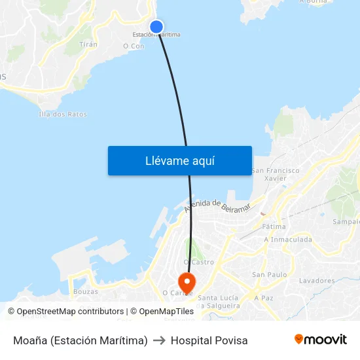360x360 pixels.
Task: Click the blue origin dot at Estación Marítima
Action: click(156, 27)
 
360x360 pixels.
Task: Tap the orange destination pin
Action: click(187, 283)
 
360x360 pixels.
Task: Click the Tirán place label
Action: click(88, 45)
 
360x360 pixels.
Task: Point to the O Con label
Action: click(134, 46)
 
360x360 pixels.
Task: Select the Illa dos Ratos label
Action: click(63, 115)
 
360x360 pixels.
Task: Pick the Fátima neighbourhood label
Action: click(274, 226)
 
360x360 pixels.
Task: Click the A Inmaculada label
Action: click(288, 240)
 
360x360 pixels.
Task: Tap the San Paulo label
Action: click(269, 275)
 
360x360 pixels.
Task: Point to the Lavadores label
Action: click(317, 281)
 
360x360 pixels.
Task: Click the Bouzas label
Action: click(86, 291)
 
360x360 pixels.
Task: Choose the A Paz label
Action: click(264, 298)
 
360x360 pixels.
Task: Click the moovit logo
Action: click(320, 340)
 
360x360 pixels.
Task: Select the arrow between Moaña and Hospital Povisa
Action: click(159, 340)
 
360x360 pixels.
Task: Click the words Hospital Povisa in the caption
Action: click(209, 340)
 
